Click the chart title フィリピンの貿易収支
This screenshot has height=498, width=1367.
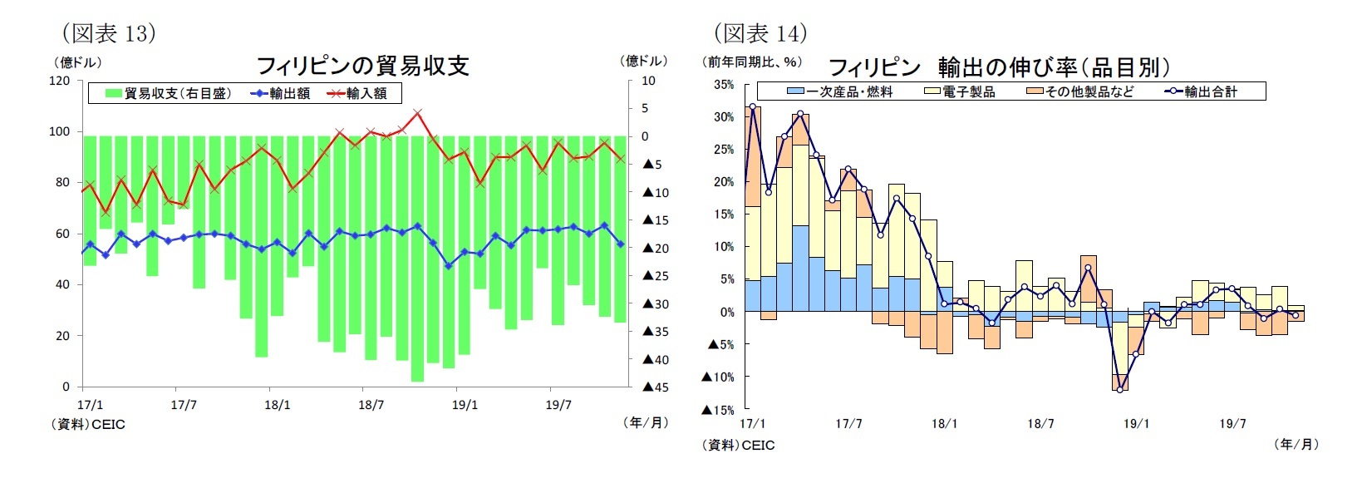click(362, 66)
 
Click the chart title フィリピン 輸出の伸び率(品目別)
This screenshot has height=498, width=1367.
click(999, 67)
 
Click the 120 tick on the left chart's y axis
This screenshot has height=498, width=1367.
click(60, 81)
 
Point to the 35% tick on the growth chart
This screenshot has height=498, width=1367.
click(723, 85)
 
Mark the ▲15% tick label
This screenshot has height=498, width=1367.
click(718, 410)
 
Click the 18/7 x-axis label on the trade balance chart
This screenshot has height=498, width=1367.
click(371, 405)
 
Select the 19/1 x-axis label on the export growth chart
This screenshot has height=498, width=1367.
click(1136, 424)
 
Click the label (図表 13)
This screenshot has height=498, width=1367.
click(109, 33)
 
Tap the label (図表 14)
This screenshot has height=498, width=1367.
click(760, 33)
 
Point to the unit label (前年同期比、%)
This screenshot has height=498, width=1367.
click(753, 62)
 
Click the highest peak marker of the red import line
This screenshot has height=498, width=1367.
click(418, 112)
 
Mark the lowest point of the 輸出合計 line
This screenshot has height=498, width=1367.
click(1120, 389)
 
